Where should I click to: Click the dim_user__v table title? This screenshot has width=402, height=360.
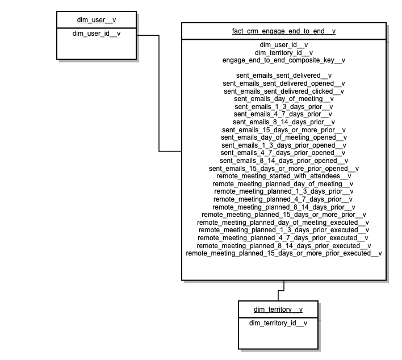pos(96,20)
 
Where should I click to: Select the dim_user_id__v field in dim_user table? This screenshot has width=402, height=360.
pos(96,34)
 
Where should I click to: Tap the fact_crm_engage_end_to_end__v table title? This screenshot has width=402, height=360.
pos(283,31)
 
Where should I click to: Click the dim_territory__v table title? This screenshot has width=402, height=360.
pos(278,309)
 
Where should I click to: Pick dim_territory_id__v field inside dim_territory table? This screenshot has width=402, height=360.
pos(278,323)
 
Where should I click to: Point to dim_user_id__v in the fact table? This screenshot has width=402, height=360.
pos(283,44)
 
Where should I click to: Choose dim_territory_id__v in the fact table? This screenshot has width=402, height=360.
pos(283,52)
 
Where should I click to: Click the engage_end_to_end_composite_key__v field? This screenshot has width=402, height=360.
pos(283,60)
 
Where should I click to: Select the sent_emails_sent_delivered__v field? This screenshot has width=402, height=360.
pos(283,75)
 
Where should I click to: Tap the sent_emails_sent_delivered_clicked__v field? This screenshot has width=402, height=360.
pos(283,91)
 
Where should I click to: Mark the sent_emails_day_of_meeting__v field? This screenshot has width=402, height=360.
pos(283,98)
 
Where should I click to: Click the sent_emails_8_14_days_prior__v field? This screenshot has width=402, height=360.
pos(283,122)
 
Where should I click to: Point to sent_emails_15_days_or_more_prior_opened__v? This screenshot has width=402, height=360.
pos(283,168)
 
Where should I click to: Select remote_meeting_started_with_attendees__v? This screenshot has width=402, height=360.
pos(283,176)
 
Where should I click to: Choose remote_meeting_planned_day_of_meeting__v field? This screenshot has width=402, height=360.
pos(283,184)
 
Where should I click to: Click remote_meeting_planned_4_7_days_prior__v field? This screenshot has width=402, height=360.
pos(283,199)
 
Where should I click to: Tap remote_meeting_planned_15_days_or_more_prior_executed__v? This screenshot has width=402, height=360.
pos(283,253)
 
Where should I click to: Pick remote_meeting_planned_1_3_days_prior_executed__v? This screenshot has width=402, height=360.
pos(283,230)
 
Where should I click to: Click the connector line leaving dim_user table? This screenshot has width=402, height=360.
pos(159,94)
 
